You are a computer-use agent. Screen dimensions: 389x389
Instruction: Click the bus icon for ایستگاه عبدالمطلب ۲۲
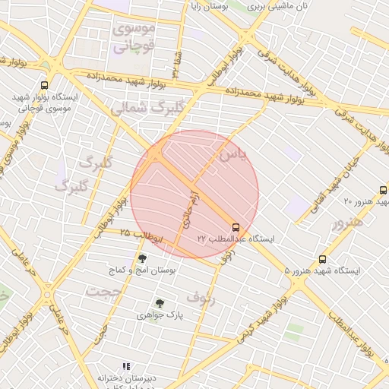coord(236,227)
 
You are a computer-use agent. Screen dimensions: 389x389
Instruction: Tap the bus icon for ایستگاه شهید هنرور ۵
coord(323,259)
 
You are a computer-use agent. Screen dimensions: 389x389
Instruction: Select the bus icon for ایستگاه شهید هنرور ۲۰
coord(381,190)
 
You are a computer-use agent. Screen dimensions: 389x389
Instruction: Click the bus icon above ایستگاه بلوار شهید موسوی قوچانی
coord(45,85)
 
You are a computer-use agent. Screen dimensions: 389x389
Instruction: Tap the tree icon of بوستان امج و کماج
coord(142,259)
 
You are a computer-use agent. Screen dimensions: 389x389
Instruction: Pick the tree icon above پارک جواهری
coord(159,303)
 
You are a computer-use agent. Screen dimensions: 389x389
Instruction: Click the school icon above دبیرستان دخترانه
coord(126,366)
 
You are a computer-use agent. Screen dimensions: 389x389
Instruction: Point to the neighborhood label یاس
coord(232,155)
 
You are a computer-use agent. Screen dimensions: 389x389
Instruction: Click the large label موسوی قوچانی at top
coord(134,37)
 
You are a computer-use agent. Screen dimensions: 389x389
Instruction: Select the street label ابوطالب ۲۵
coord(141,238)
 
